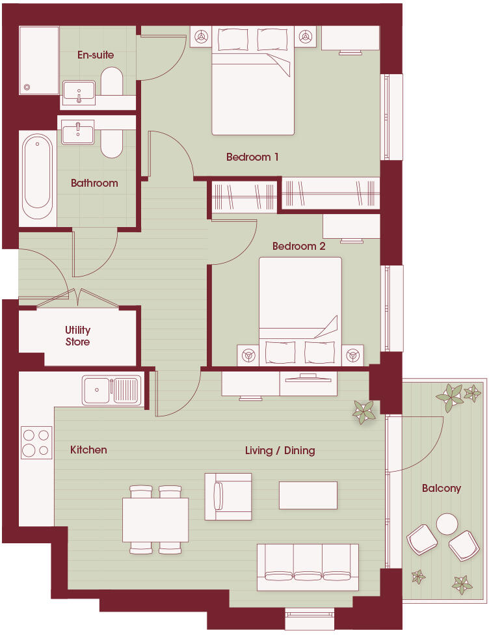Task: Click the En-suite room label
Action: click(x=95, y=55)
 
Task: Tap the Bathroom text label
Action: click(x=94, y=183)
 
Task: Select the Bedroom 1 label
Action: click(x=252, y=157)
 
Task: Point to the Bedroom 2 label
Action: click(x=298, y=246)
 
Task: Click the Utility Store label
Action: click(x=77, y=336)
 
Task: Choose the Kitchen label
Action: click(x=88, y=450)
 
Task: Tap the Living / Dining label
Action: click(x=280, y=450)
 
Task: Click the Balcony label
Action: click(x=441, y=488)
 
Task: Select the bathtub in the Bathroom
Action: click(x=37, y=176)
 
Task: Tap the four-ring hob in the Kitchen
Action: click(x=36, y=442)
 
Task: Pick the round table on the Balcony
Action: click(x=447, y=524)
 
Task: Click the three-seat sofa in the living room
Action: click(x=308, y=566)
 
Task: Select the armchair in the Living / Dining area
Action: click(x=228, y=496)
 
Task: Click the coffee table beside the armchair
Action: click(x=308, y=495)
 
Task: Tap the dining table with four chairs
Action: click(x=155, y=519)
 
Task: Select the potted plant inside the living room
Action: click(x=364, y=412)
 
